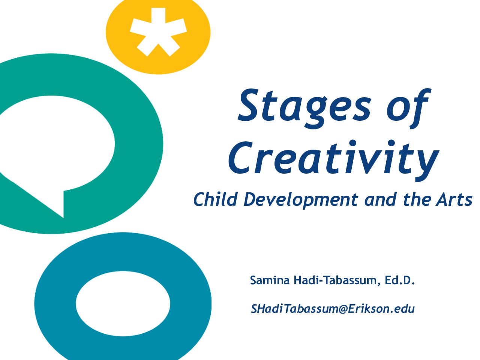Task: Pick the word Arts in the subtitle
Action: click(x=454, y=199)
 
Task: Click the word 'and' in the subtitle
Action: click(x=380, y=199)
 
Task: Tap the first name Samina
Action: click(x=270, y=280)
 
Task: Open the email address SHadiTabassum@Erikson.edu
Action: click(x=332, y=309)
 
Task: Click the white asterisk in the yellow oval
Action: click(x=158, y=32)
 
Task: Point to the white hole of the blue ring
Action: click(x=123, y=304)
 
